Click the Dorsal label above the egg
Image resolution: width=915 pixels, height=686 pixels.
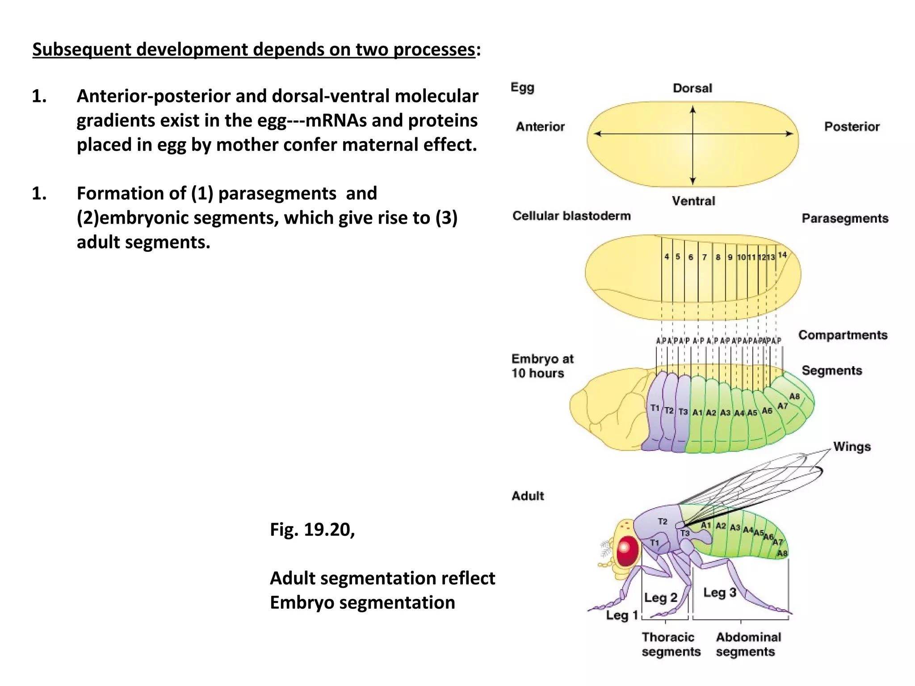[x=692, y=88]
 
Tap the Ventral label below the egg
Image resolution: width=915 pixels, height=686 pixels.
[x=693, y=201]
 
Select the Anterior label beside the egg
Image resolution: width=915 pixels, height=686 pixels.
[x=540, y=126]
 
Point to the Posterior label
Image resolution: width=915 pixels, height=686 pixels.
[x=852, y=126]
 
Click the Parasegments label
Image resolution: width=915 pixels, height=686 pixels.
[x=844, y=218]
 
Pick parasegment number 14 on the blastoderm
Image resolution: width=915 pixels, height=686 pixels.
[x=782, y=255]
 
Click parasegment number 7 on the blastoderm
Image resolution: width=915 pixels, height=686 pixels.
[x=705, y=257]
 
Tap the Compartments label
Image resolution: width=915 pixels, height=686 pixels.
[x=843, y=335]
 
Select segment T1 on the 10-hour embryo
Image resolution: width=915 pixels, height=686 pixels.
[x=655, y=408]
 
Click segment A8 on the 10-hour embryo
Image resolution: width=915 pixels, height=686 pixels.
[x=794, y=396]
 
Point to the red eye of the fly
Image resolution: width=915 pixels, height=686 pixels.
[x=627, y=551]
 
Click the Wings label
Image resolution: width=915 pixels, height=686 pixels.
[x=852, y=447]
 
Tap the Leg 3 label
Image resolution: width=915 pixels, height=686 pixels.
[x=719, y=593]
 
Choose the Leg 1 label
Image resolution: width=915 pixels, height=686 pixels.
[x=621, y=615]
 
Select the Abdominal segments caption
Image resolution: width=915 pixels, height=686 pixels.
[x=748, y=644]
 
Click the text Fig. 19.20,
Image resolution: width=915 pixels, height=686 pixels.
[x=312, y=530]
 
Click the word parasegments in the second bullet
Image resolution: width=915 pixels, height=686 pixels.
[x=277, y=193]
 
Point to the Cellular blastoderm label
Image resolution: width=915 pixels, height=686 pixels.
[x=571, y=216]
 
